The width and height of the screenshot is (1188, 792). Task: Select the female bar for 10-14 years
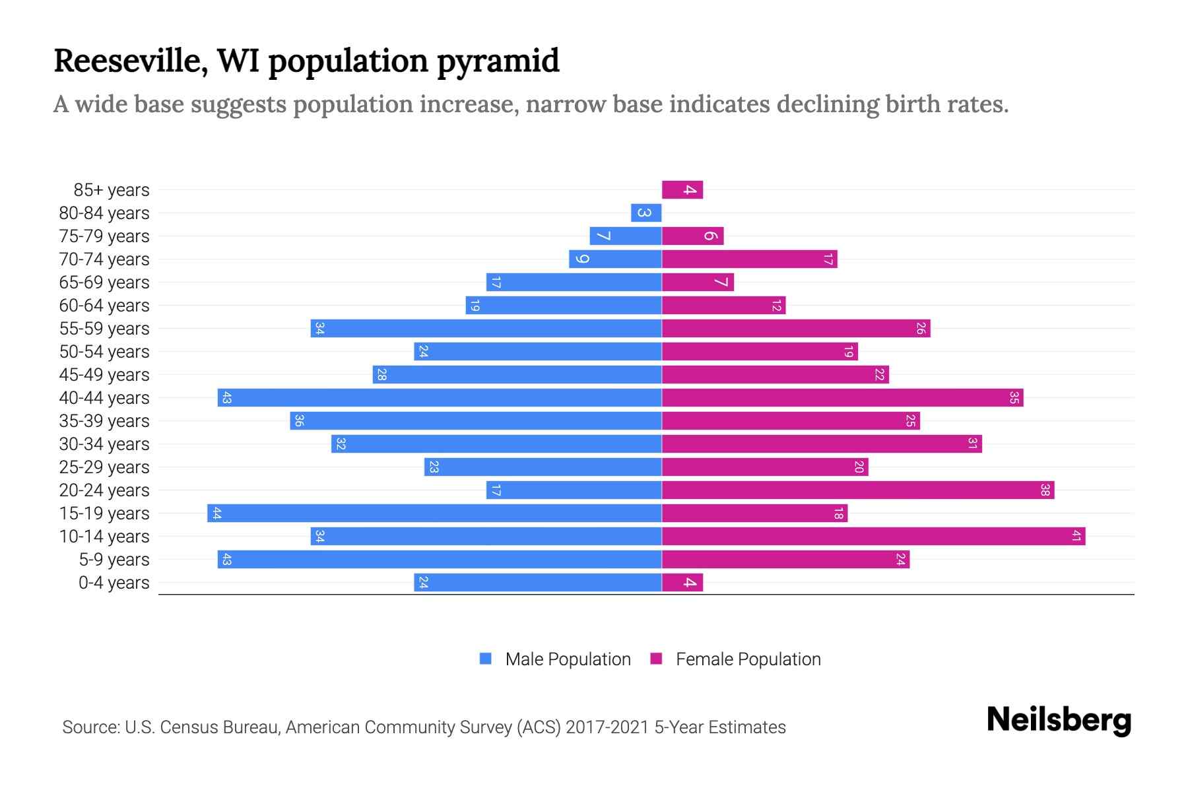tap(873, 537)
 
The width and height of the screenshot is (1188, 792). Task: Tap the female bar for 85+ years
tap(682, 190)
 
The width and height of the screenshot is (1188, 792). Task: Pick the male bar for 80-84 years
tap(646, 213)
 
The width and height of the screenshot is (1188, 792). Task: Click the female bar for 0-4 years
tap(682, 583)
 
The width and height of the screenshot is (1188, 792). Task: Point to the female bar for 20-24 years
tap(858, 490)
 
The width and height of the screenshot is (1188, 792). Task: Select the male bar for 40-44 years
tap(440, 398)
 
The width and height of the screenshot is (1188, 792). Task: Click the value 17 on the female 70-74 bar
tap(828, 259)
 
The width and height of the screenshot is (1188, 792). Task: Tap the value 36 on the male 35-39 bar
tap(299, 421)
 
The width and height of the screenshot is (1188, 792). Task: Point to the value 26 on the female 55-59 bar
tap(921, 329)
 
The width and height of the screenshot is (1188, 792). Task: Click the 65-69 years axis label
tap(104, 282)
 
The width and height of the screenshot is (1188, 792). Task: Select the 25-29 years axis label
tap(104, 467)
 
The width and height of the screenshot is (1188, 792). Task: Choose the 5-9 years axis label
tap(114, 560)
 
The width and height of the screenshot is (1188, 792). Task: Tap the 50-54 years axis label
tap(104, 352)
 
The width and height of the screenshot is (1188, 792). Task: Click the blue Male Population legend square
tap(486, 659)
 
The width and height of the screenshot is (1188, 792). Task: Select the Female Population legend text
tap(748, 659)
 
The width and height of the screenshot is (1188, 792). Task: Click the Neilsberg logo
tap(1059, 720)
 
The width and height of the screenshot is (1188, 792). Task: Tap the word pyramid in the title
tap(498, 61)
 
